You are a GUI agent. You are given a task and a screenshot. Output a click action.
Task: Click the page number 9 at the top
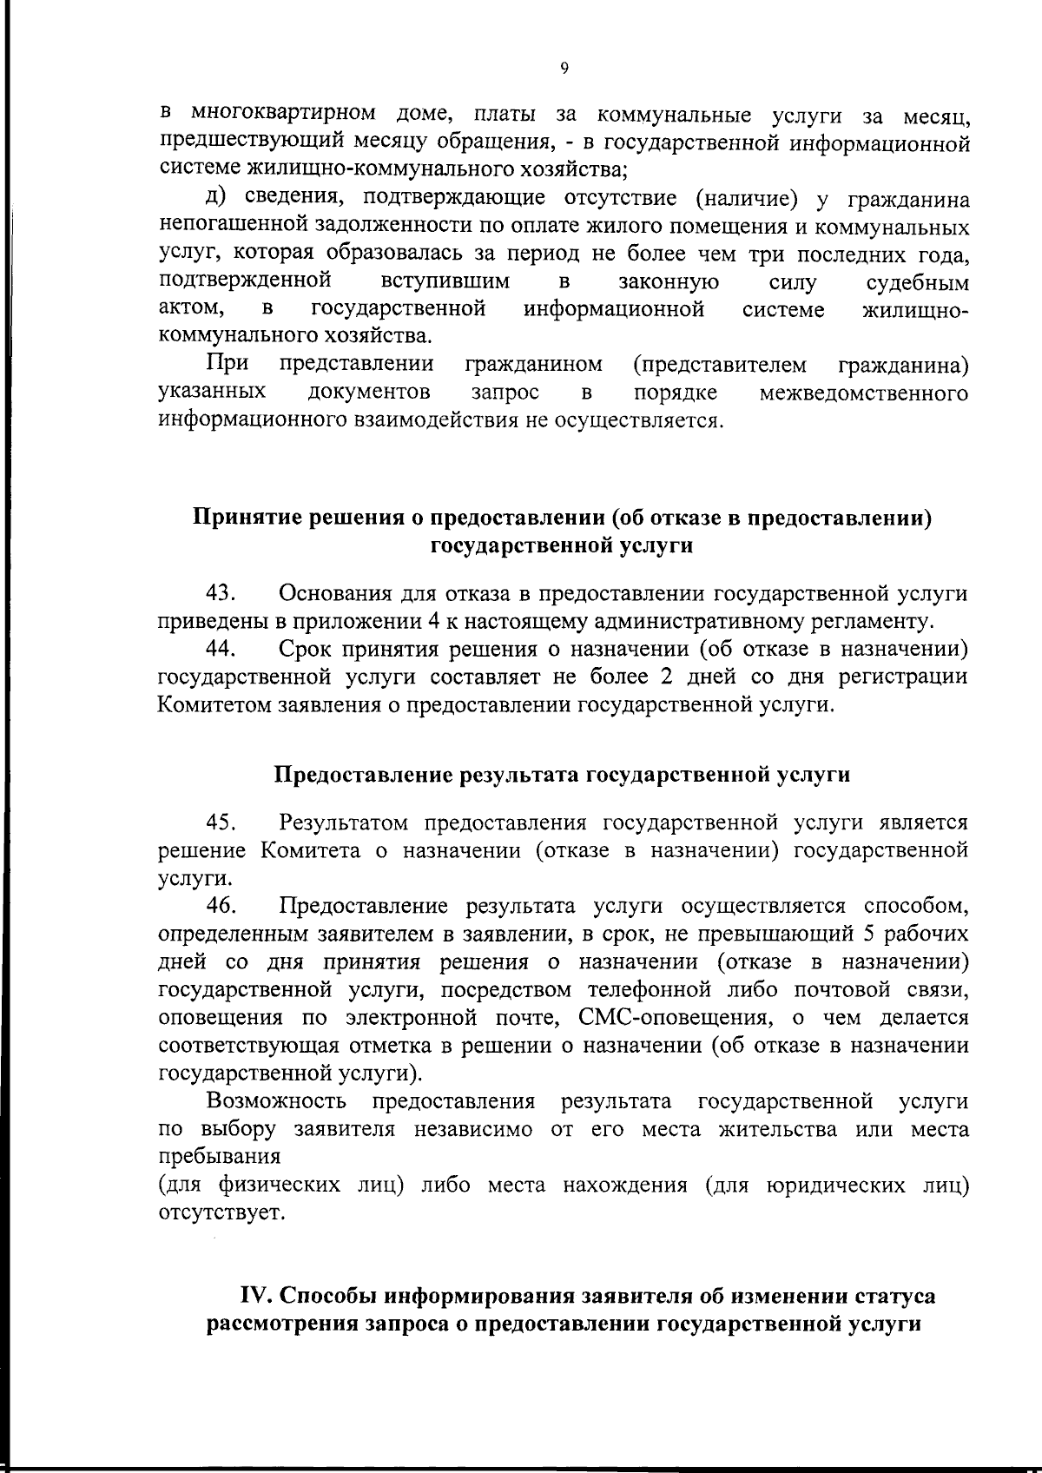[x=564, y=70]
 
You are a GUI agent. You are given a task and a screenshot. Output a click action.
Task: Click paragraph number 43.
[x=221, y=594]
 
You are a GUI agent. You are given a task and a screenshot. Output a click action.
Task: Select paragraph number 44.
[x=221, y=649]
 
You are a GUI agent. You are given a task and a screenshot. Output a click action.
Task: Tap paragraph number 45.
[x=221, y=822]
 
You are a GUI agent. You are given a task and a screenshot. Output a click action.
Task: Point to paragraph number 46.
[x=221, y=906]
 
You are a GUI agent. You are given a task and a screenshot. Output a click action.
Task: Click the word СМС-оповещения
[x=672, y=1017]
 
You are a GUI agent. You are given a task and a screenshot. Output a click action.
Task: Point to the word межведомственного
[x=864, y=393]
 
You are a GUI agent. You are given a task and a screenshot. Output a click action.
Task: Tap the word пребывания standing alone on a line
[x=221, y=1158]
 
